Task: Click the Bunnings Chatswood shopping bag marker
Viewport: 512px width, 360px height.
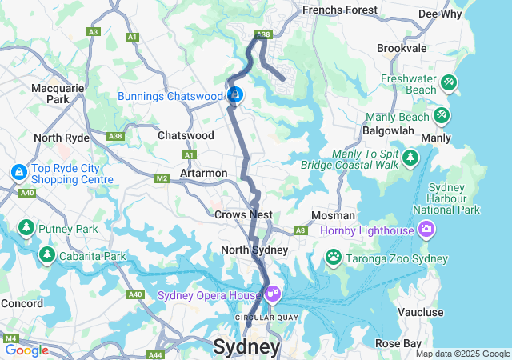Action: [x=234, y=95]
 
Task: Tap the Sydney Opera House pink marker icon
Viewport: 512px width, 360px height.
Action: [x=273, y=294]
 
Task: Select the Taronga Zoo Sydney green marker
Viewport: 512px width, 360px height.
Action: [x=333, y=257]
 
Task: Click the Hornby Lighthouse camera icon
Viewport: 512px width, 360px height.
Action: [x=426, y=230]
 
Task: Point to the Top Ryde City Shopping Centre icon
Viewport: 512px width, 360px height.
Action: [x=18, y=172]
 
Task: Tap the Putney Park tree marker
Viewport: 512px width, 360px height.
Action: [x=26, y=228]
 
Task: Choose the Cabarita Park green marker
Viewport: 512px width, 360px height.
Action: [x=47, y=254]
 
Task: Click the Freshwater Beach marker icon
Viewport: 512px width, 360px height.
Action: [x=449, y=82]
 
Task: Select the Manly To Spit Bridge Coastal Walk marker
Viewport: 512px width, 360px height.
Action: [x=411, y=157]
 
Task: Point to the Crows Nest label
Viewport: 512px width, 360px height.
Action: [x=243, y=214]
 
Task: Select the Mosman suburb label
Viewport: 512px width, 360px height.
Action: [x=334, y=215]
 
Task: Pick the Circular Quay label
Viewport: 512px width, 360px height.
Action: [x=260, y=318]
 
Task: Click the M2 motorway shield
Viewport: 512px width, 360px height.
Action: [x=162, y=178]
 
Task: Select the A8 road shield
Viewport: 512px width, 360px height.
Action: [x=301, y=230]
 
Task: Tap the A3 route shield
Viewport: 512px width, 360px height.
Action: [x=94, y=32]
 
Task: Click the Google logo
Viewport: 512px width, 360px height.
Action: [x=26, y=350]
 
